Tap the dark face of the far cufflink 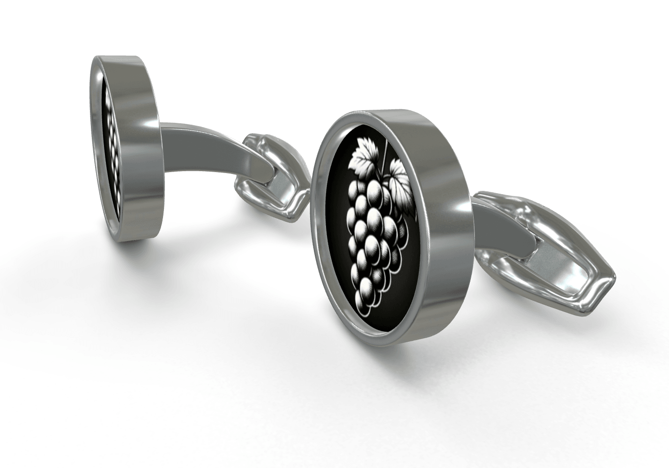111,141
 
